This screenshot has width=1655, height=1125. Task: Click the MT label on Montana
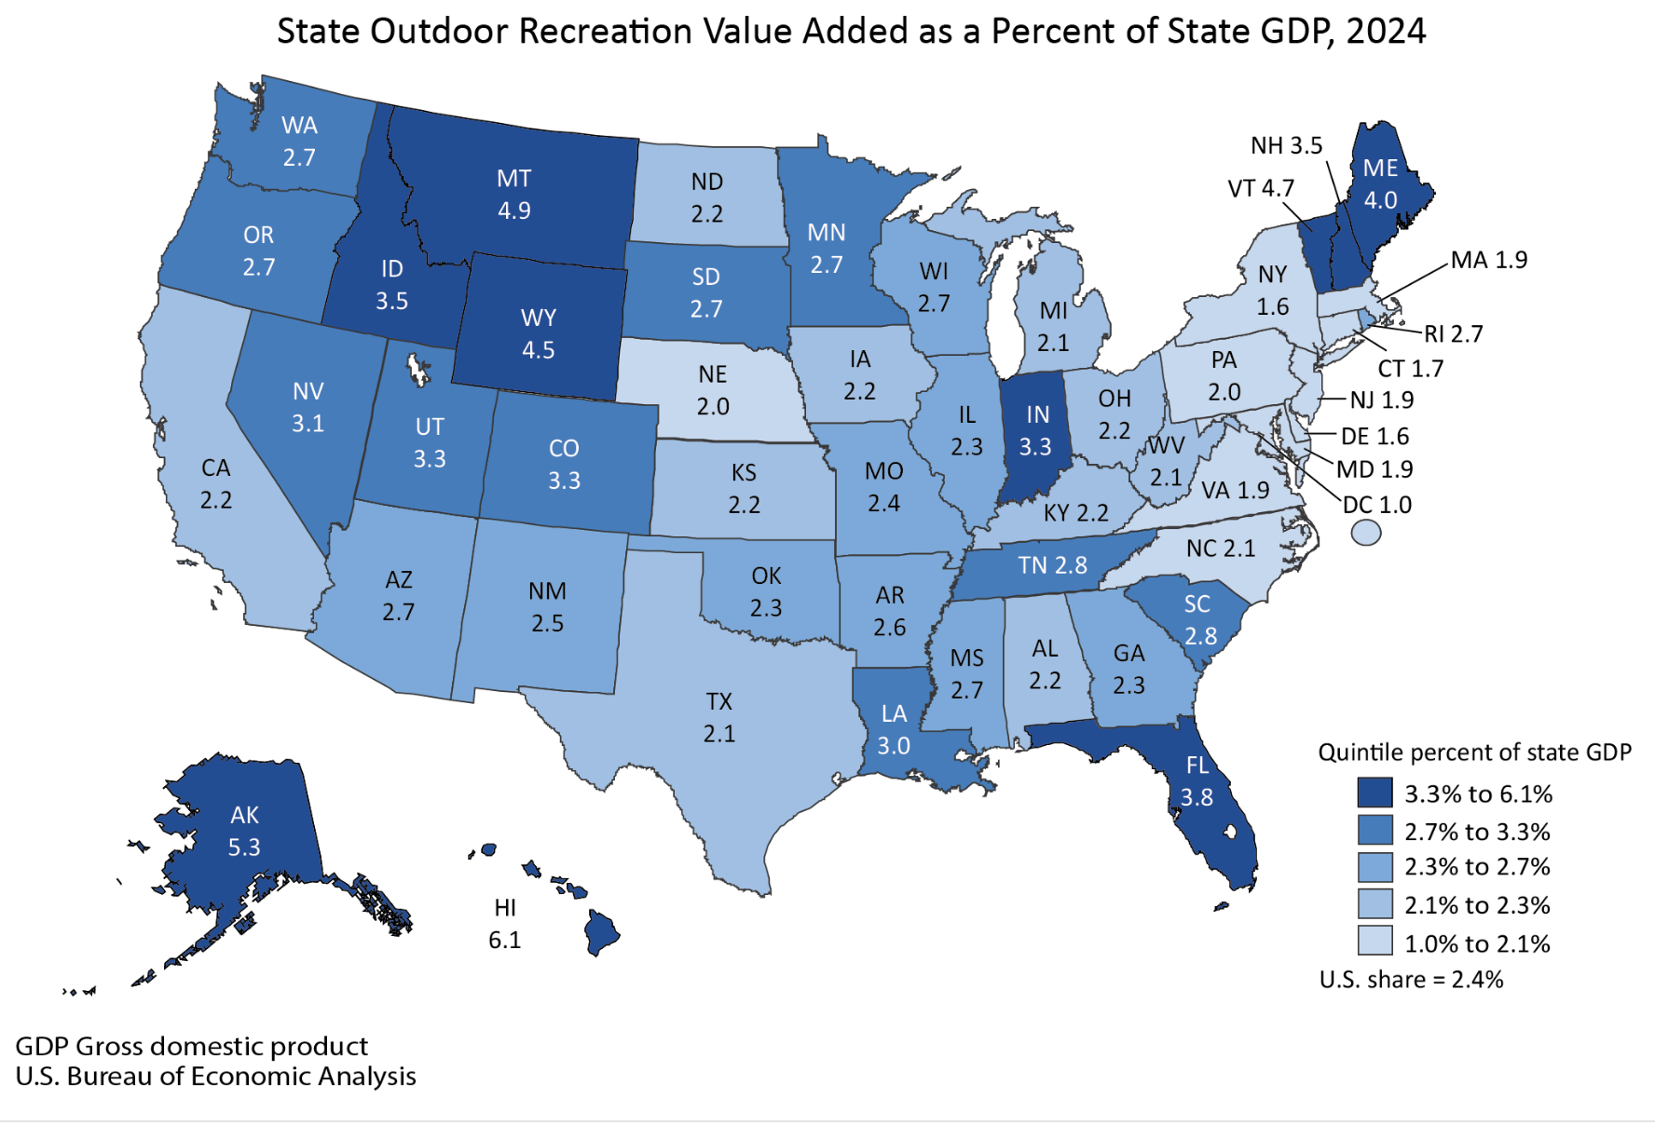click(x=513, y=178)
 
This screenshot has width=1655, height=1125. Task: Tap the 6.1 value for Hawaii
click(x=504, y=940)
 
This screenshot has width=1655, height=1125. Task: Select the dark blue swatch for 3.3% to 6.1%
click(x=1375, y=793)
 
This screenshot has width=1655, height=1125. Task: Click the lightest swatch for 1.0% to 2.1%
click(x=1375, y=942)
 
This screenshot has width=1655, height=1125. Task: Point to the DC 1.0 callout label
click(x=1376, y=505)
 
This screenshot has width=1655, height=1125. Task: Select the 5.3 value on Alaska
click(x=244, y=847)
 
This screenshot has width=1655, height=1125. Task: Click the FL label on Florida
click(x=1197, y=766)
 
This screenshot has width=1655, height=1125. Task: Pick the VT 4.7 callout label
click(x=1261, y=189)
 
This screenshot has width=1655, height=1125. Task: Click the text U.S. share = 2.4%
click(x=1411, y=980)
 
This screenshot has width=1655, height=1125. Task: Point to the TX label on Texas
click(x=718, y=701)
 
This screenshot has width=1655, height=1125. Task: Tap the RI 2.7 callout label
click(x=1453, y=334)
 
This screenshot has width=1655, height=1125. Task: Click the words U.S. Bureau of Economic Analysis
click(x=215, y=1077)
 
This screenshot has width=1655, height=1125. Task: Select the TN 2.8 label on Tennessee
click(x=1052, y=565)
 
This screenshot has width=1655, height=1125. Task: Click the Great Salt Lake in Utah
click(x=417, y=371)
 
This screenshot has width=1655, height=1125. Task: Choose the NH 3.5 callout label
click(x=1286, y=145)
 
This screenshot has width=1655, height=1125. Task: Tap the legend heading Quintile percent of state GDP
click(x=1474, y=752)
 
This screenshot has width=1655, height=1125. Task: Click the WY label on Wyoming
click(x=538, y=318)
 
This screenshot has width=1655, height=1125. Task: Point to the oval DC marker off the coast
click(x=1366, y=533)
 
